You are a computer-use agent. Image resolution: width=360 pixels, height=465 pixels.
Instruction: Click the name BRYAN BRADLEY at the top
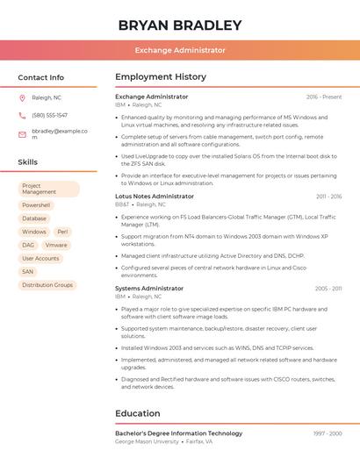tap(180, 25)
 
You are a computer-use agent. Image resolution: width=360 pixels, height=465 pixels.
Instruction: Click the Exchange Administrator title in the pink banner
tap(180, 50)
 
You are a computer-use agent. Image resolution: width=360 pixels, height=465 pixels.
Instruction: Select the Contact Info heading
tap(40, 77)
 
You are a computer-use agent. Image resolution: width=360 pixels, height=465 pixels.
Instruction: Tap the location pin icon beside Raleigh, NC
tap(22, 97)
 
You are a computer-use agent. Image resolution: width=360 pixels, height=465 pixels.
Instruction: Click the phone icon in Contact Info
tap(22, 115)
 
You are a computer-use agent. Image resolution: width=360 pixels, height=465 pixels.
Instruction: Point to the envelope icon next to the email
tap(22, 134)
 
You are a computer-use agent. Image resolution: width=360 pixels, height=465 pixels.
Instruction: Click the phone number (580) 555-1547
tap(49, 115)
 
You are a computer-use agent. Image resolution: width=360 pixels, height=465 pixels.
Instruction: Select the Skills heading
tap(28, 162)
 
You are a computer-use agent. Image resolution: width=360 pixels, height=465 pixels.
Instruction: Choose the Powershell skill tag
tap(36, 205)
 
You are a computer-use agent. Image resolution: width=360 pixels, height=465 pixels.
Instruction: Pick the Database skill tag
tap(34, 218)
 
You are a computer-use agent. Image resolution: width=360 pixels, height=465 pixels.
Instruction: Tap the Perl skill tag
tap(62, 232)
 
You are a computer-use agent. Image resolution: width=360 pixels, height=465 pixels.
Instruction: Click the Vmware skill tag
tap(56, 245)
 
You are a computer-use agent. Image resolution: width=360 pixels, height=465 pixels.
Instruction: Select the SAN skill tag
tap(28, 272)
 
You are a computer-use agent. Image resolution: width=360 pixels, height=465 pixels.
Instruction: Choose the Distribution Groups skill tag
tap(47, 285)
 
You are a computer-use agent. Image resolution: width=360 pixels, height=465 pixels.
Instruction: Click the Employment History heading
tap(161, 77)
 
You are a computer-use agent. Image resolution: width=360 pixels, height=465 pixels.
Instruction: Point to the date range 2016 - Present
tap(324, 97)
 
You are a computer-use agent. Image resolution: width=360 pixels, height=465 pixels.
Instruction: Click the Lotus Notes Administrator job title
tap(155, 197)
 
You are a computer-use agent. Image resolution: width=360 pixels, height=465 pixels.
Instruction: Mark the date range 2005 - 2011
tap(328, 288)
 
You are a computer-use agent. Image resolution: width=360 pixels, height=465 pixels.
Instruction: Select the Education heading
tap(138, 413)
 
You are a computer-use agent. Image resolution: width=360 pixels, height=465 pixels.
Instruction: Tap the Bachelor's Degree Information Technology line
tap(178, 433)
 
